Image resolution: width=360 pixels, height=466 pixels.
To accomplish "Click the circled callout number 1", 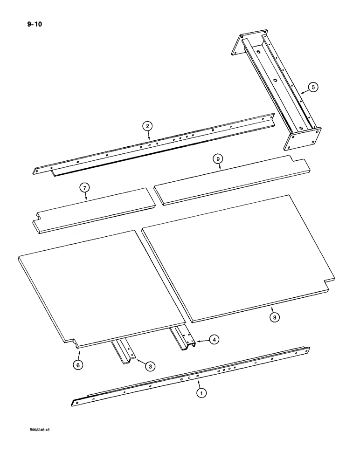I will click(x=201, y=393).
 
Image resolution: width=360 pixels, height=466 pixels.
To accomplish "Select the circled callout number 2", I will click(x=147, y=125).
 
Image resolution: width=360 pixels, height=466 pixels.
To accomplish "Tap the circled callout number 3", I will click(x=149, y=367).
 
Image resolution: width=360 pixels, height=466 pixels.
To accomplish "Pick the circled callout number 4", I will click(x=213, y=340).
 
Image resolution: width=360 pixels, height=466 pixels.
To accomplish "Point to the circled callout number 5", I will click(x=313, y=87).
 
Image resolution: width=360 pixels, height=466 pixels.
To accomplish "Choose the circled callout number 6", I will click(x=79, y=365).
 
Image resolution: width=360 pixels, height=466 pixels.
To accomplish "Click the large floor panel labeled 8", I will click(x=238, y=256).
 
